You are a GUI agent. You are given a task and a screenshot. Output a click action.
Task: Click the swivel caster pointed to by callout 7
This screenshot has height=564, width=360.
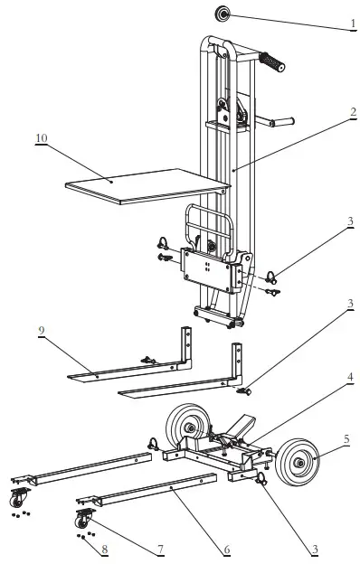(81, 519)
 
